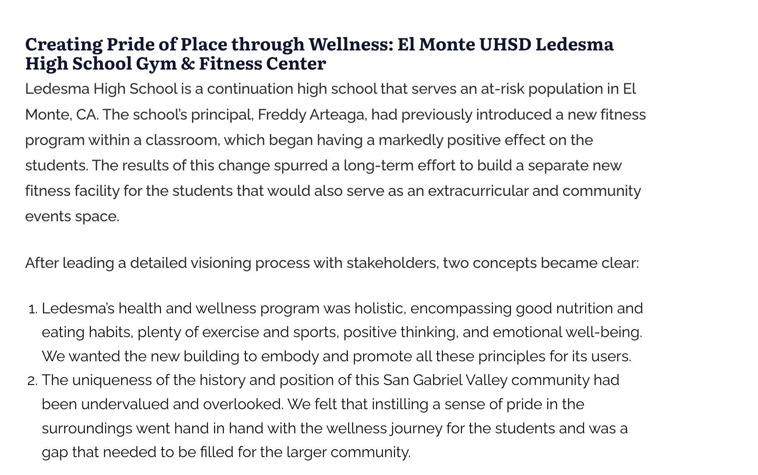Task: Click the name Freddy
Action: click(282, 115)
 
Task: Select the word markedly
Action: click(411, 140)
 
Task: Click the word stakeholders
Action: click(393, 263)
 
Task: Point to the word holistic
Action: click(380, 309)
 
